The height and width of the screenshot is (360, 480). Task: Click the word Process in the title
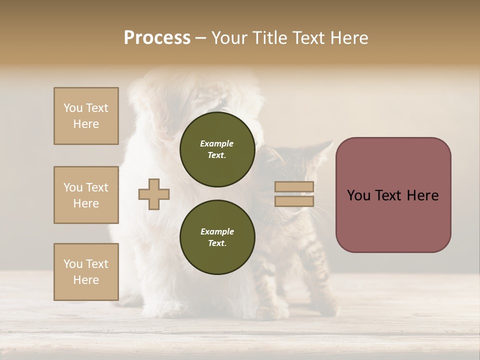point(157,38)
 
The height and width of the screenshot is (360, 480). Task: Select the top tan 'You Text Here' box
point(86,116)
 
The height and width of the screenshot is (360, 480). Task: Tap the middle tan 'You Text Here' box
point(86,195)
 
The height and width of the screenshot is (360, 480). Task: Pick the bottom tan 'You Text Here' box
point(86,271)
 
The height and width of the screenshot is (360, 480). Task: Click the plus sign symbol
point(154,194)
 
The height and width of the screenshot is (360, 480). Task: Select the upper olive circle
point(217,149)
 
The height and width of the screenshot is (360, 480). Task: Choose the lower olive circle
point(217,237)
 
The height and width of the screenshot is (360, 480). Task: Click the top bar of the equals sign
point(294,187)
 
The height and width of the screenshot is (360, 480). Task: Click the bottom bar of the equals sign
point(294,201)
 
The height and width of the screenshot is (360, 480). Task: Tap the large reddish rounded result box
point(393,220)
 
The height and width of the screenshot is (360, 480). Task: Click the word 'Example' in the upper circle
point(217,143)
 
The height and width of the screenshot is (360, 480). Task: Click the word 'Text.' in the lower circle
point(217,243)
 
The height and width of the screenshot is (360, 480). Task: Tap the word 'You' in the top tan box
point(73,108)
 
